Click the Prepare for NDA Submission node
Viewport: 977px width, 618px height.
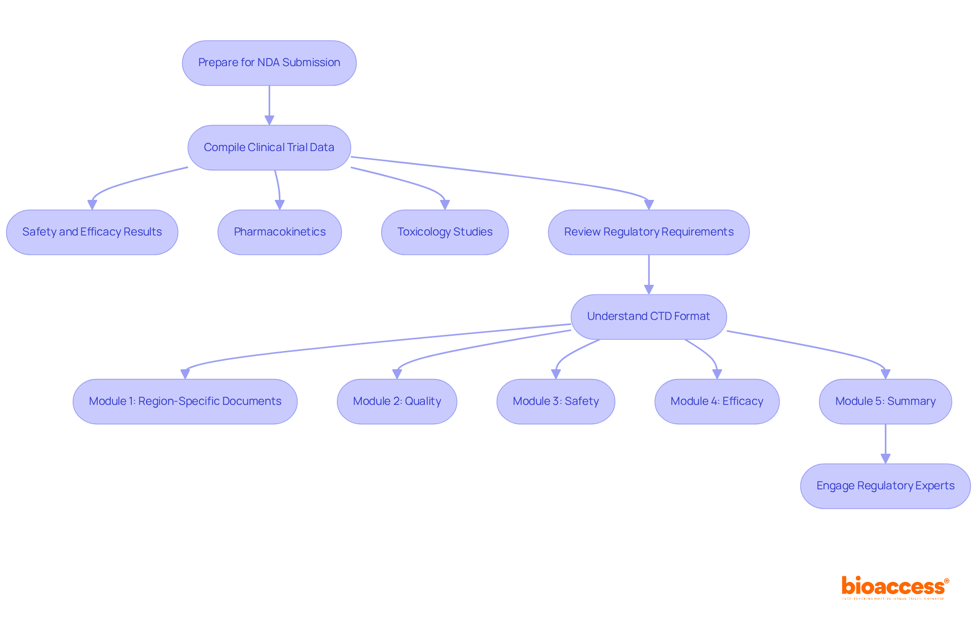[269, 63]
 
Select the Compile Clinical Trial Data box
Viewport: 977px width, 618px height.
[269, 148]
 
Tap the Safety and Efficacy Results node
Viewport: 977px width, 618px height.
[92, 232]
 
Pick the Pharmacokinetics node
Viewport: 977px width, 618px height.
[279, 232]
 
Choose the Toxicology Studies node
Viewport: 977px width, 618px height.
[445, 232]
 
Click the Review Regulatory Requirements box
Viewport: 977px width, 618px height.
[648, 232]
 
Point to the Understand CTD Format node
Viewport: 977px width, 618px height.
[648, 317]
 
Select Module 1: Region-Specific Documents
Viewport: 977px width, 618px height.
[185, 401]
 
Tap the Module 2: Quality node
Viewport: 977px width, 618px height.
[397, 401]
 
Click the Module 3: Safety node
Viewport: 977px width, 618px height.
[556, 401]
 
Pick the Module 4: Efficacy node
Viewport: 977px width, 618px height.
[716, 401]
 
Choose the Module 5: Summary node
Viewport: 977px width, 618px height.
[885, 401]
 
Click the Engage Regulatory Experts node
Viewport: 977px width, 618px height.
[885, 486]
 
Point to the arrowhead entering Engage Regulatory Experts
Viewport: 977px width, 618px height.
[885, 458]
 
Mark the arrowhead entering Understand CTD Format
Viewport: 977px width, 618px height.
[649, 289]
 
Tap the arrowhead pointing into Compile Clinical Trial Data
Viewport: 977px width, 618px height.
[269, 120]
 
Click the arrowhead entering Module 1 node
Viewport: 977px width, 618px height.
[185, 374]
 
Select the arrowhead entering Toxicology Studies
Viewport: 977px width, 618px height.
[445, 204]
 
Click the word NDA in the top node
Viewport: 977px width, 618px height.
[268, 63]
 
